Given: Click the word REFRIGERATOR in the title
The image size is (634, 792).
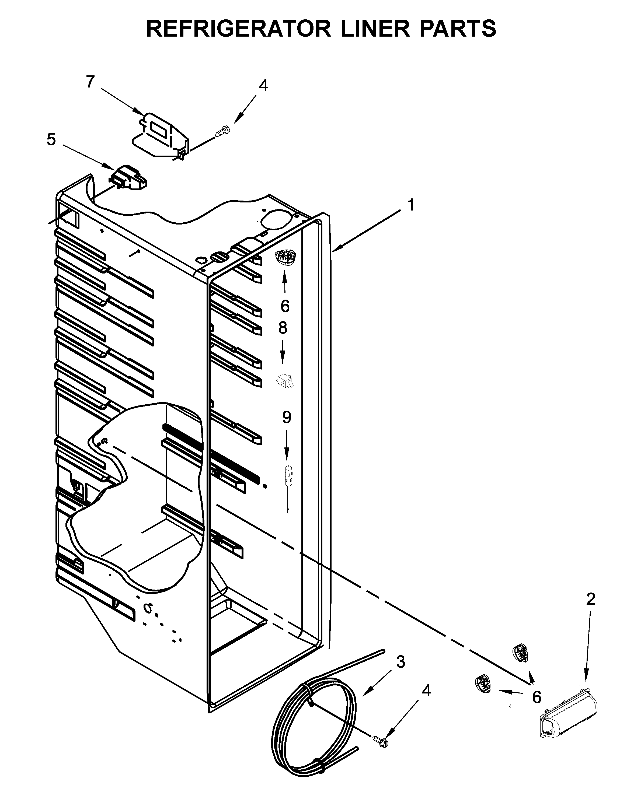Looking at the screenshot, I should [240, 29].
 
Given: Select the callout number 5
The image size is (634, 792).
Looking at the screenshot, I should [51, 140].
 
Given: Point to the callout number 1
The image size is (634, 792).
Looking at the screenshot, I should [411, 205].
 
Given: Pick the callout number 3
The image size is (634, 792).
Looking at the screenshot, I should [400, 661].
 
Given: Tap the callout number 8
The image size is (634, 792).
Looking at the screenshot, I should [283, 327].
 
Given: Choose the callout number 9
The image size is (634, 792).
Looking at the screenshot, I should [287, 417].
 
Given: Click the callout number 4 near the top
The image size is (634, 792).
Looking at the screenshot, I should [263, 86].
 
